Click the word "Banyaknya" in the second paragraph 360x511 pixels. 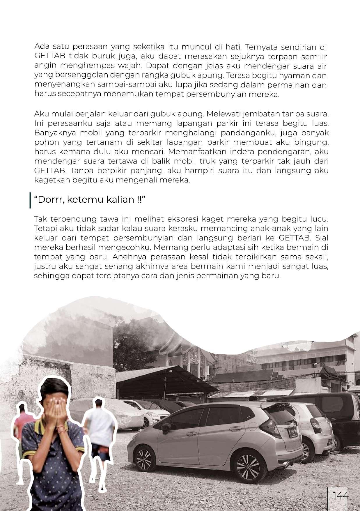click(51, 133)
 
